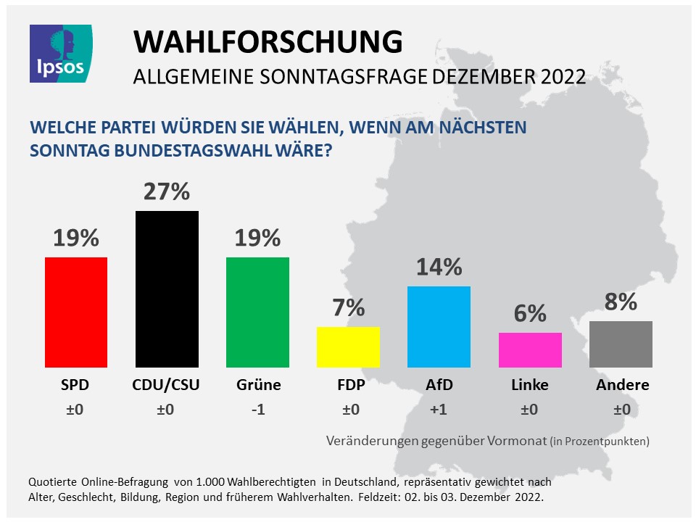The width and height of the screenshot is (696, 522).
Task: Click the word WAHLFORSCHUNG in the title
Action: click(x=268, y=42)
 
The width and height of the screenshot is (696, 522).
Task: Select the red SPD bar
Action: click(x=76, y=312)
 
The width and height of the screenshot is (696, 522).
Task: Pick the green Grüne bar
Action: click(x=257, y=312)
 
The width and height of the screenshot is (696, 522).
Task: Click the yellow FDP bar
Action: click(x=348, y=347)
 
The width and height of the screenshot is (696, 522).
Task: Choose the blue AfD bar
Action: click(x=439, y=326)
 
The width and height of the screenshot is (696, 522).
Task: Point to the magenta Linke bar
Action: click(x=530, y=349)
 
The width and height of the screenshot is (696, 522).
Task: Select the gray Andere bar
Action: click(x=621, y=344)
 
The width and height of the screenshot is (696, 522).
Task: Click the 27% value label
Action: click(x=167, y=192)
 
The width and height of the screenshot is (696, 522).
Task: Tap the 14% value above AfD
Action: click(x=439, y=268)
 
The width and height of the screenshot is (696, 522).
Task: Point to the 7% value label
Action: click(x=348, y=308)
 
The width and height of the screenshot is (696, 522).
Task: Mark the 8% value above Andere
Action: click(x=621, y=302)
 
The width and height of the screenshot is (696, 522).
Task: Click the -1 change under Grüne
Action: click(x=257, y=410)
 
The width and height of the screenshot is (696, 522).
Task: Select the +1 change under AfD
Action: click(x=439, y=410)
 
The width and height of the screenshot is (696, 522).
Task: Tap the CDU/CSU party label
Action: click(x=167, y=385)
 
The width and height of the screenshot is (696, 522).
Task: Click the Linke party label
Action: click(x=530, y=385)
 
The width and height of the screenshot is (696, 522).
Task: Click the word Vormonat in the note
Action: click(x=515, y=440)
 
